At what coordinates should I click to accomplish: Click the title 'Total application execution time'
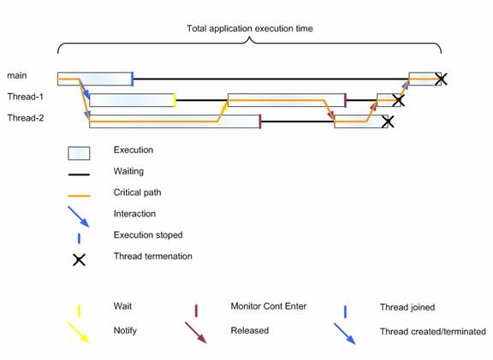point(250,28)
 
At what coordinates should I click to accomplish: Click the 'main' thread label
point(17,75)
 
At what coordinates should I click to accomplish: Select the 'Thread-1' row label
point(25,97)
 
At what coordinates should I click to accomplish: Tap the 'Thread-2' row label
point(26,118)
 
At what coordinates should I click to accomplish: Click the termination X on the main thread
point(441,79)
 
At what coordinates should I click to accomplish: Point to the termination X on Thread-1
point(398,101)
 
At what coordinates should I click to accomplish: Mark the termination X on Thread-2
point(388,121)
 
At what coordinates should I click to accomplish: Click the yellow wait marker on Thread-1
point(175,101)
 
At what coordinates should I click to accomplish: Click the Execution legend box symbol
point(79,153)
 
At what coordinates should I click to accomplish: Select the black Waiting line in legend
point(79,174)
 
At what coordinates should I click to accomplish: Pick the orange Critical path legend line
point(79,196)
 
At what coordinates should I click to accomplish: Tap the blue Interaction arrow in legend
point(79,216)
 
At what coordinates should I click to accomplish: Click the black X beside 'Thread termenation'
point(79,260)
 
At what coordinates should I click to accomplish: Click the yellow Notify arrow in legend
point(79,333)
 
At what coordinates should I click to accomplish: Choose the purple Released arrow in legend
point(195,333)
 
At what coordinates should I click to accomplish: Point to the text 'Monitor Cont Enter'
point(269,306)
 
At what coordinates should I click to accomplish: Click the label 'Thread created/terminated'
point(433,332)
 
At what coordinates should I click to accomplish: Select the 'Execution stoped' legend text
point(148,235)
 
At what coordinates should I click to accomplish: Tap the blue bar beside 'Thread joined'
point(345,312)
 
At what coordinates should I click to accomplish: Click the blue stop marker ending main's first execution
point(133,79)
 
